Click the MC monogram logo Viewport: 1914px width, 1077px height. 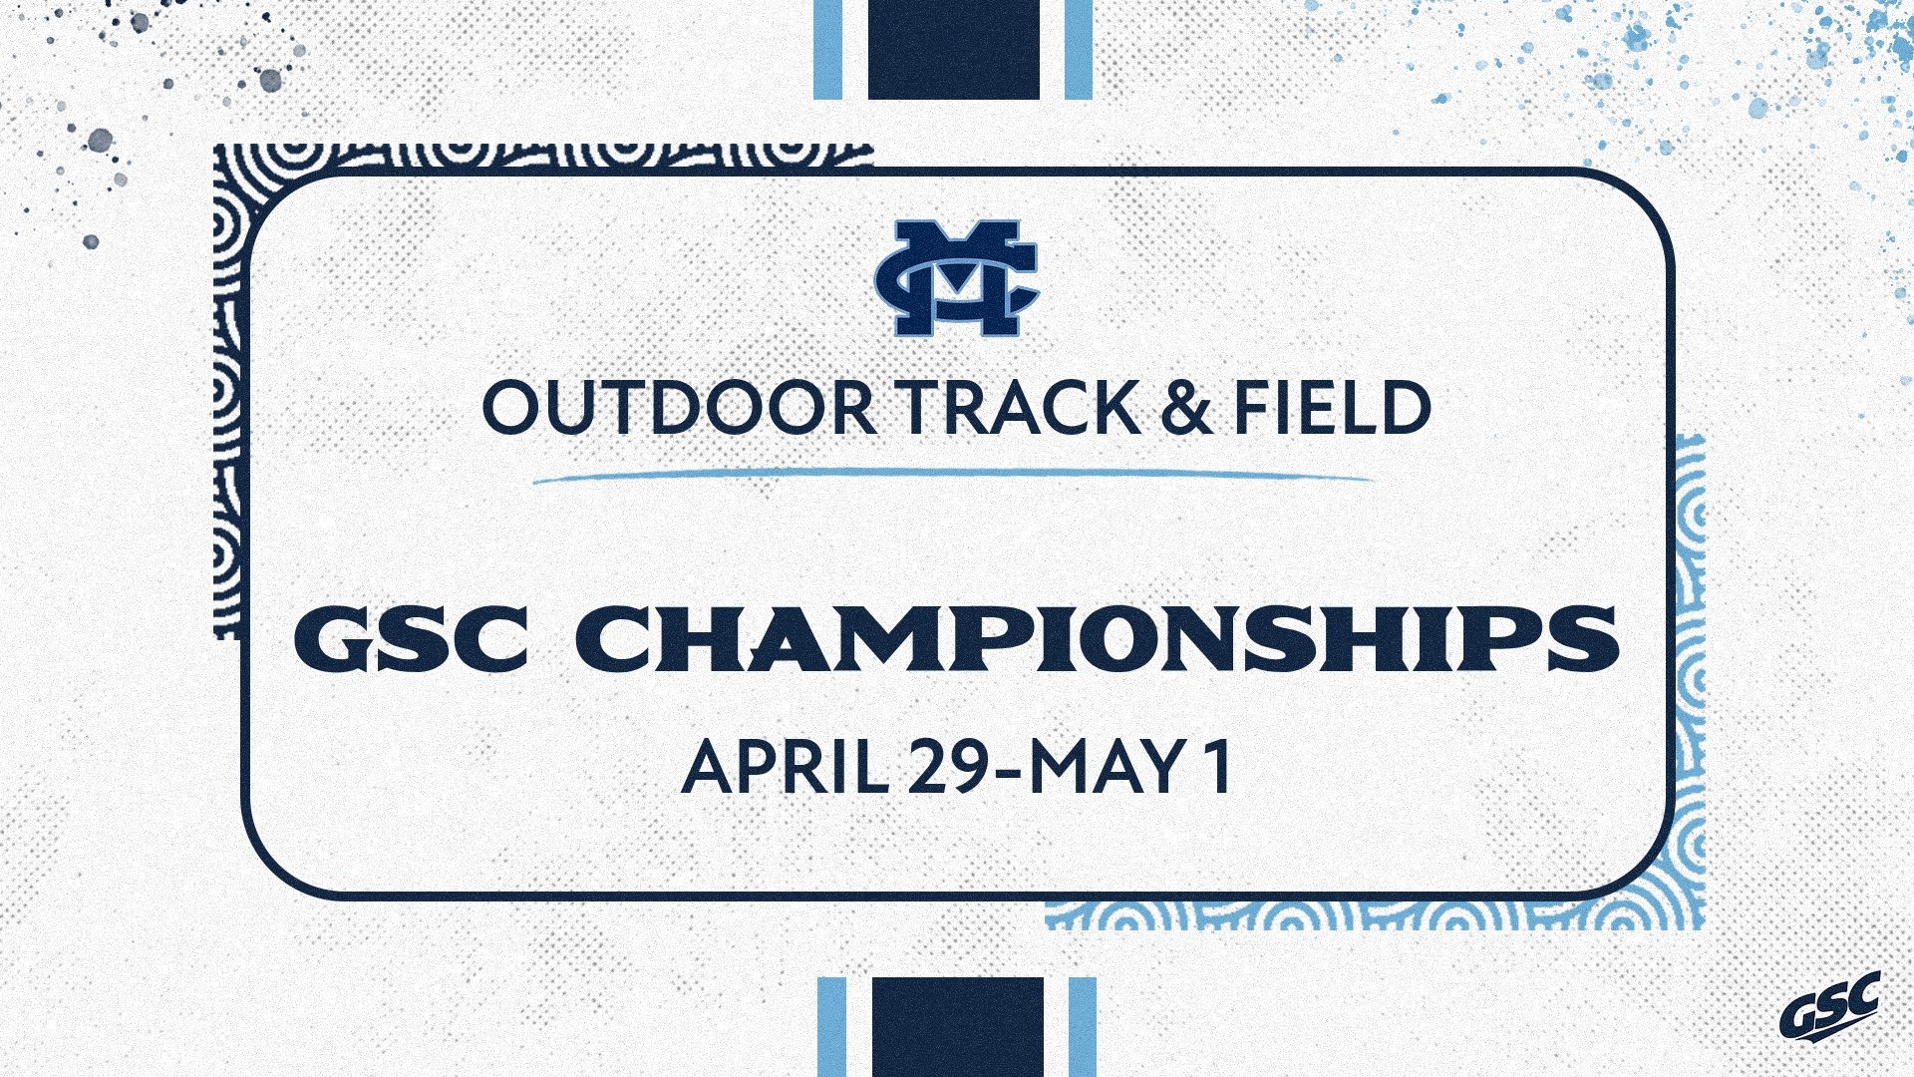[x=956, y=278]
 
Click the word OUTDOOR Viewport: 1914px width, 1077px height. [x=679, y=407]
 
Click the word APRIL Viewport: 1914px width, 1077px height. [x=786, y=768]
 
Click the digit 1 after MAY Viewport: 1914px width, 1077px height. [x=1217, y=768]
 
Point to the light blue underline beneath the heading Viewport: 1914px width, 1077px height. [x=952, y=476]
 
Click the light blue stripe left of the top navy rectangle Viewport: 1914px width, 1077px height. [x=828, y=49]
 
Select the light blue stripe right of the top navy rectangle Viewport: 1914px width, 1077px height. [x=1079, y=49]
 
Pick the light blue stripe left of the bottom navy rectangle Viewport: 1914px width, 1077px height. [x=831, y=1026]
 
